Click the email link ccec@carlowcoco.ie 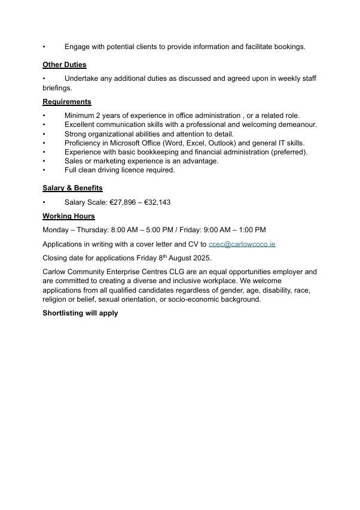point(242,244)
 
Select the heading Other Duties point(64,65)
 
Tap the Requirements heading point(67,102)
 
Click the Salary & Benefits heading point(72,188)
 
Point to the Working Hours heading point(68,216)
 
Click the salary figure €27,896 point(123,202)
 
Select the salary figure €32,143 point(157,202)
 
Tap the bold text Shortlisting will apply point(80,313)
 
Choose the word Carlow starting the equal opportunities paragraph point(54,272)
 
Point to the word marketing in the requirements point(112,161)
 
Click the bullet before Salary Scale point(44,202)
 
